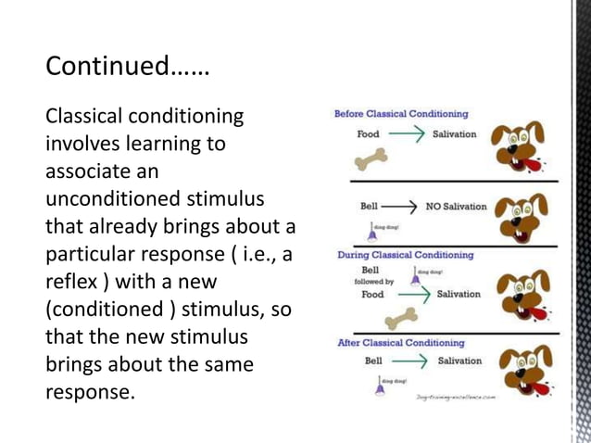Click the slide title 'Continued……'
127,68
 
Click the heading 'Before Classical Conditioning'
401,114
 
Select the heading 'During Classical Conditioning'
405,255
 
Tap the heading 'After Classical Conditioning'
400,343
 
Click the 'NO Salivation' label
456,206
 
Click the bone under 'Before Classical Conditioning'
371,161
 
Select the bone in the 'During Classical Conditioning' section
399,319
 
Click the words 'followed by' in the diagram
374,282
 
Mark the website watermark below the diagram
456,396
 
